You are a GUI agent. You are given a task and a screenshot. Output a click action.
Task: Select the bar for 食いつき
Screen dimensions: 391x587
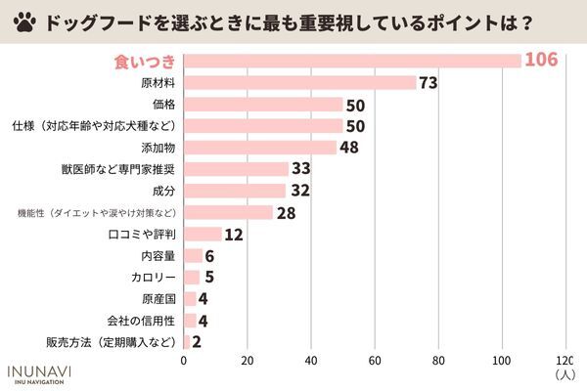[352, 61]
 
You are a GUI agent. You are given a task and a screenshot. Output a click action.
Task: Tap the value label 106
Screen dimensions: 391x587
[540, 61]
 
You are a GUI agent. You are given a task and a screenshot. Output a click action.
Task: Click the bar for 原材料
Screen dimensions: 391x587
[299, 82]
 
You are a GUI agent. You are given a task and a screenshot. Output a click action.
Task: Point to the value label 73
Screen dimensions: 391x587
[427, 83]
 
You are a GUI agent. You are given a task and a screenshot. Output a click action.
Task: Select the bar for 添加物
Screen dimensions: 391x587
[260, 147]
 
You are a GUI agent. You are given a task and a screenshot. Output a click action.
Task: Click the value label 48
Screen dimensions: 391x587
[350, 148]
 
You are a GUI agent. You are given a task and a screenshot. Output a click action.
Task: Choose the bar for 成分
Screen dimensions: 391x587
[235, 191]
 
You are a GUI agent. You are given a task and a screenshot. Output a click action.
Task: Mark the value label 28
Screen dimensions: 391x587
[286, 212]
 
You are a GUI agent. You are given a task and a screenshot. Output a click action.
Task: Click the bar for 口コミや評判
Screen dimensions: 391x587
[203, 234]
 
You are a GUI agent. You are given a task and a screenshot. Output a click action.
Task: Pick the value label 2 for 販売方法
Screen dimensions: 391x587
[198, 342]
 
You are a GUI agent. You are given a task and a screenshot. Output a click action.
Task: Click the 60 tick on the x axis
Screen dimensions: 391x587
[375, 360]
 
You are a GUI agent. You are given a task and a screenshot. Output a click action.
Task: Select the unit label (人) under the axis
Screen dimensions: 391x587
[564, 373]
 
